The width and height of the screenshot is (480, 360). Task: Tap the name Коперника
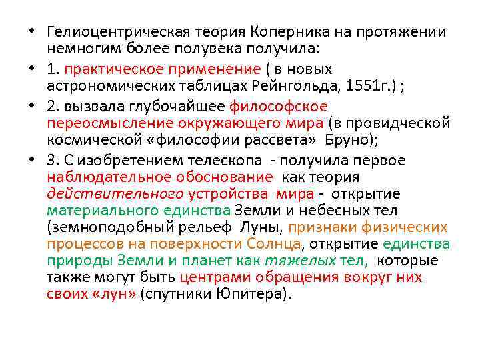(284, 32)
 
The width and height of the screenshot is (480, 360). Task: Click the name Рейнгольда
(291, 86)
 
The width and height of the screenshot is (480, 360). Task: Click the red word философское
(279, 107)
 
